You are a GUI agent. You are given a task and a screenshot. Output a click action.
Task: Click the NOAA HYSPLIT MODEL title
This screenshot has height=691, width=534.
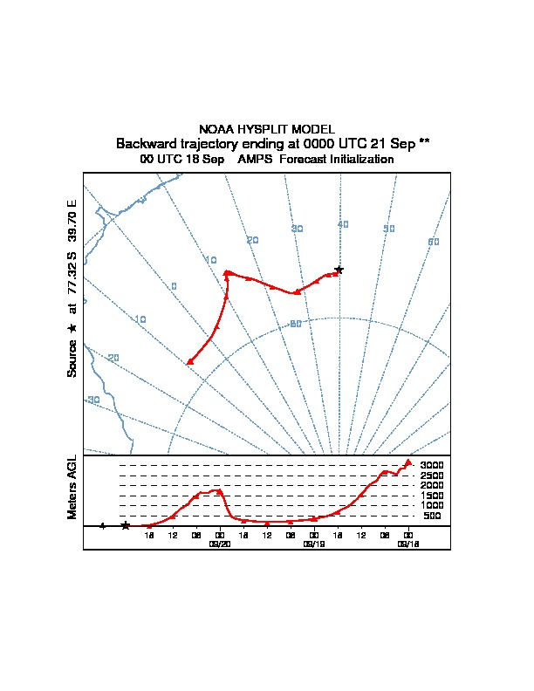tap(266, 129)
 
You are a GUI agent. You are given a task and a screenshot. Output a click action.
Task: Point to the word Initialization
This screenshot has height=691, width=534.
tap(353, 160)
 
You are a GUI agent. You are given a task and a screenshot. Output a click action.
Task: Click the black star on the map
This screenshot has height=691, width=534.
tap(339, 270)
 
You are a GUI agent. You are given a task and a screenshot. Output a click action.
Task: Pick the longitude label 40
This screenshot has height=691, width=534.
tap(343, 224)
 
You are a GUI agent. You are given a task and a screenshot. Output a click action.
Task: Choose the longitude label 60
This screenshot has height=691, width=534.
tap(434, 242)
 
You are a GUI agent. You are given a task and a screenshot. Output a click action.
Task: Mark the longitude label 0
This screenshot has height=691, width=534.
tap(174, 286)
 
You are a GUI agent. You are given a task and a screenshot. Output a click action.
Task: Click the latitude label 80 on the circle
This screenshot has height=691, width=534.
tap(296, 324)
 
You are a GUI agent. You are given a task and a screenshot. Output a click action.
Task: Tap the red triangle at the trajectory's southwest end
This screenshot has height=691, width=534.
tap(189, 360)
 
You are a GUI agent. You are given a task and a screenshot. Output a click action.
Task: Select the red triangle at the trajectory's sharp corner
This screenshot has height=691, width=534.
tap(227, 272)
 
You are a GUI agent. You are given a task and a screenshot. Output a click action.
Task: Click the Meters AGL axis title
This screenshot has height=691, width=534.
tap(72, 488)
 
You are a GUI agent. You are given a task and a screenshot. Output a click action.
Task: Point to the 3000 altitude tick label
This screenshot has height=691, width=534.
tap(432, 465)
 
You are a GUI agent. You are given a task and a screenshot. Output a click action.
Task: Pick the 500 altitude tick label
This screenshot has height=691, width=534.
tap(432, 516)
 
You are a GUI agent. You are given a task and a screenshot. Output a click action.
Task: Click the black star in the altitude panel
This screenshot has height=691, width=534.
tap(126, 525)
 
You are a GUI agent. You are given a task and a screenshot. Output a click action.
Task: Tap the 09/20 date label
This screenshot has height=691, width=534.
tap(219, 543)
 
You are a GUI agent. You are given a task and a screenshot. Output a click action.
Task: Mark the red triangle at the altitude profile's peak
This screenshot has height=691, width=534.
tap(408, 462)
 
